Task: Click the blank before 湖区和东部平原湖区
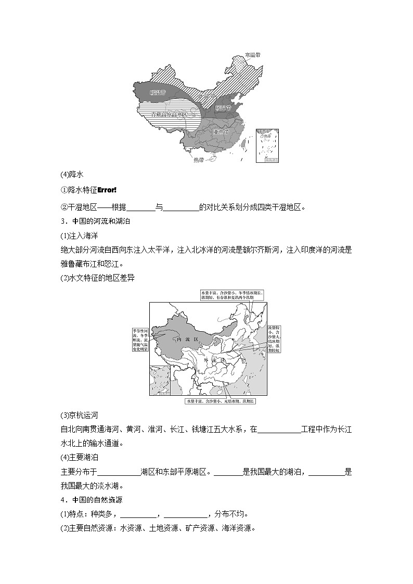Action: click(119, 472)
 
